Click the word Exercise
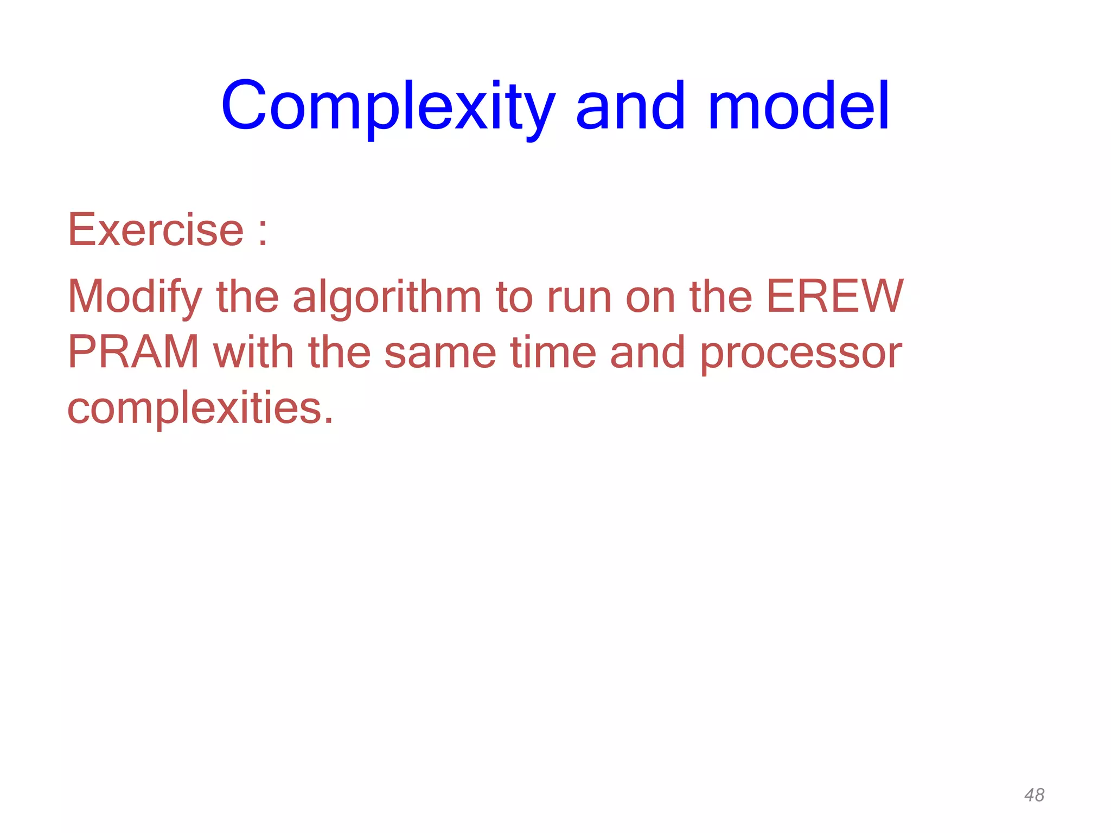(x=155, y=230)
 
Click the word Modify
(x=134, y=297)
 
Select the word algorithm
(x=386, y=297)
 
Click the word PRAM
(x=133, y=353)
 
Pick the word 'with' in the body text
(x=253, y=353)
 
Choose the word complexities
(x=195, y=408)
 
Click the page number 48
(x=1034, y=795)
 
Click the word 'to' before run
(x=514, y=297)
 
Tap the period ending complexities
(x=328, y=421)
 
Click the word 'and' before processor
(x=647, y=353)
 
